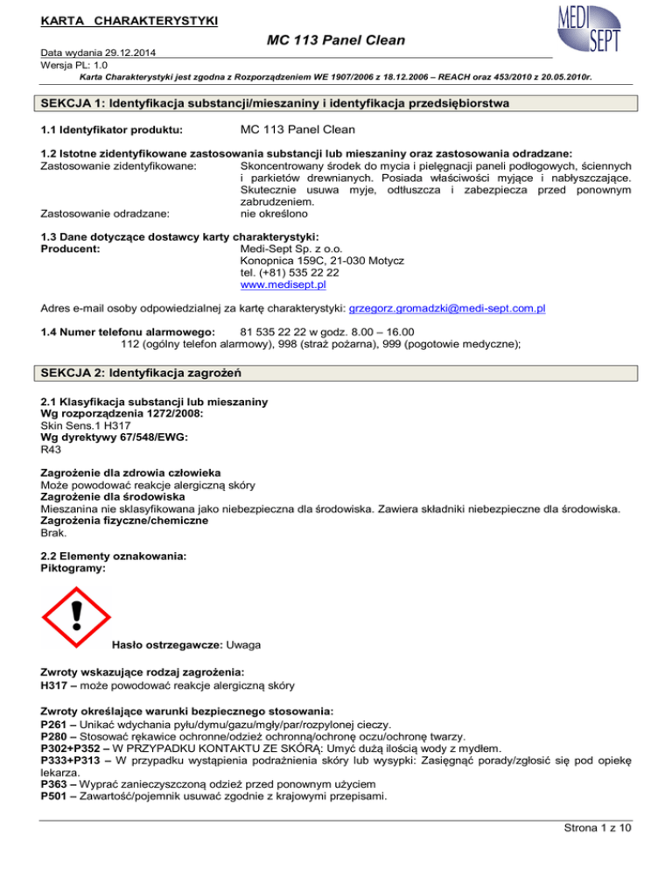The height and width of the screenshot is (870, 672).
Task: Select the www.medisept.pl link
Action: click(284, 284)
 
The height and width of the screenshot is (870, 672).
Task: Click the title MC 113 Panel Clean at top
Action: click(336, 40)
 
